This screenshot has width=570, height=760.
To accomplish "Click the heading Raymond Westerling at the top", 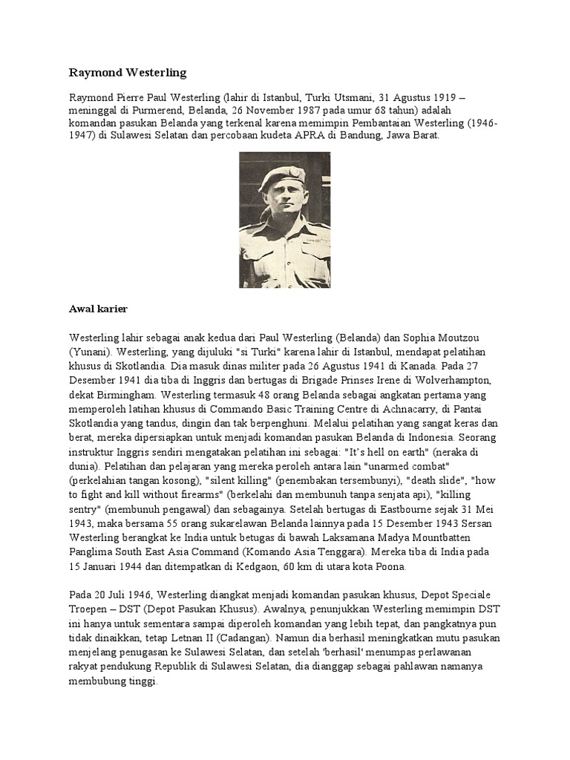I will pyautogui.click(x=128, y=73).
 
